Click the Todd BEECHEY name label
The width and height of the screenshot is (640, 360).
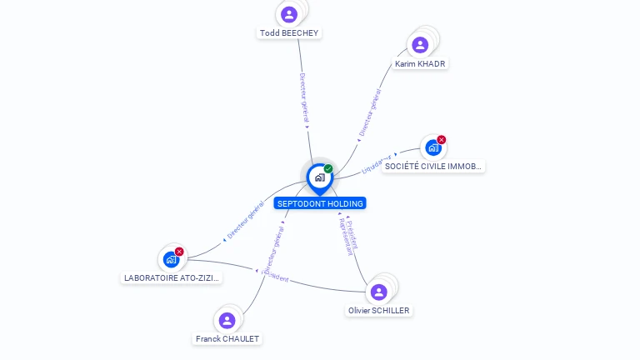tap(289, 32)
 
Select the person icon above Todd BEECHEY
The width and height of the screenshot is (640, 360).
tap(289, 14)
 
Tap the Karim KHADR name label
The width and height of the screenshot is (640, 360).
tap(420, 63)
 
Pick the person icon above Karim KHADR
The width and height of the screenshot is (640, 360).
tap(420, 44)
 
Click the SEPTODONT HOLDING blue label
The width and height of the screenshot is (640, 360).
tap(320, 203)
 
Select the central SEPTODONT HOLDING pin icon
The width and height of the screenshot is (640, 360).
tap(319, 177)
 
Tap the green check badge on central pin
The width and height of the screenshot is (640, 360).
tap(328, 168)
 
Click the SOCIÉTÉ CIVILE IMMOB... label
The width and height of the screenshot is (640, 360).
tap(432, 167)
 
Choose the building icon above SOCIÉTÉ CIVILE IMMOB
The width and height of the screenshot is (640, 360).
tap(432, 148)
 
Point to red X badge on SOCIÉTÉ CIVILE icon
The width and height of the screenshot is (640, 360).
tap(442, 139)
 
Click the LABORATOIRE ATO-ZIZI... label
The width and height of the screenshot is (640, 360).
tap(171, 277)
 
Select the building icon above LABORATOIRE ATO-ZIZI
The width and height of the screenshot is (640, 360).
tap(171, 260)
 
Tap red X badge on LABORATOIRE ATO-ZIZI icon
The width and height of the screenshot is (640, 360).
tap(179, 252)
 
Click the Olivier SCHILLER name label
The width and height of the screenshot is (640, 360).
tap(379, 310)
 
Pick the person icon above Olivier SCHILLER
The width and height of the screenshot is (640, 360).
tap(379, 292)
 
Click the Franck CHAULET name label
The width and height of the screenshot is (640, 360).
tap(227, 338)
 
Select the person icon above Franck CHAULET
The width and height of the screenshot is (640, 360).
tap(227, 320)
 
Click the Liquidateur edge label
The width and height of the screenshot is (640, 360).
tap(377, 163)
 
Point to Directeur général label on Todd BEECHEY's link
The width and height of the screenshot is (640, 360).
tap(304, 98)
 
